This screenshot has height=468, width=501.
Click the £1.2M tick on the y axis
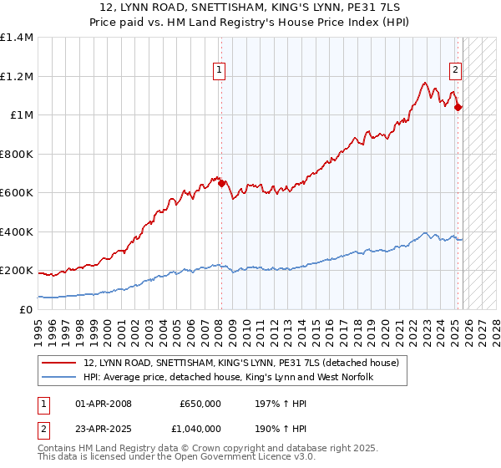point(17,76)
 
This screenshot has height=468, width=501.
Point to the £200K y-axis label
point(17,271)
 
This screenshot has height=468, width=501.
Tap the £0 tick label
point(25,310)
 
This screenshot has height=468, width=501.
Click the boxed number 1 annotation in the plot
point(220,71)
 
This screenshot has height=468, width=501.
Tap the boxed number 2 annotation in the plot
point(457,71)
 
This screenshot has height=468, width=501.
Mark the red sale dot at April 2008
point(221,184)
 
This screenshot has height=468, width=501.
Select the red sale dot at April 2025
point(458,107)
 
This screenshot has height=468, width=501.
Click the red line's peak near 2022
point(425,83)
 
